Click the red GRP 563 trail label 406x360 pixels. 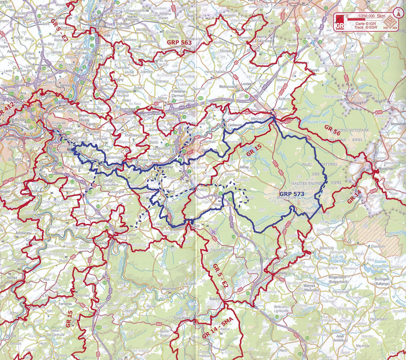[179, 42]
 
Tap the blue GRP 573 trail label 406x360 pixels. [292, 194]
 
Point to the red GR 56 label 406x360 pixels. [332, 130]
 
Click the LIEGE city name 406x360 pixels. [44, 95]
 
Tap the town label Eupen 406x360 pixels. [283, 109]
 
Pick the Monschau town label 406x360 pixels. [386, 168]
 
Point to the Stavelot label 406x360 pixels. [215, 299]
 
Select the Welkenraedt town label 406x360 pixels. [228, 87]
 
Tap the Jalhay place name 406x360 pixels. [244, 167]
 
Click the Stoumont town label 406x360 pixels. [169, 289]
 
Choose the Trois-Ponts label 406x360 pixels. [182, 318]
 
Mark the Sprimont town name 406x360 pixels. [95, 218]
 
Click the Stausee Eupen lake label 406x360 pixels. [317, 122]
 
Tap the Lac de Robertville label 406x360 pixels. [338, 259]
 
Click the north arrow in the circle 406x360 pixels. [398, 12]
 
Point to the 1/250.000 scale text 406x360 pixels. [366, 16]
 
